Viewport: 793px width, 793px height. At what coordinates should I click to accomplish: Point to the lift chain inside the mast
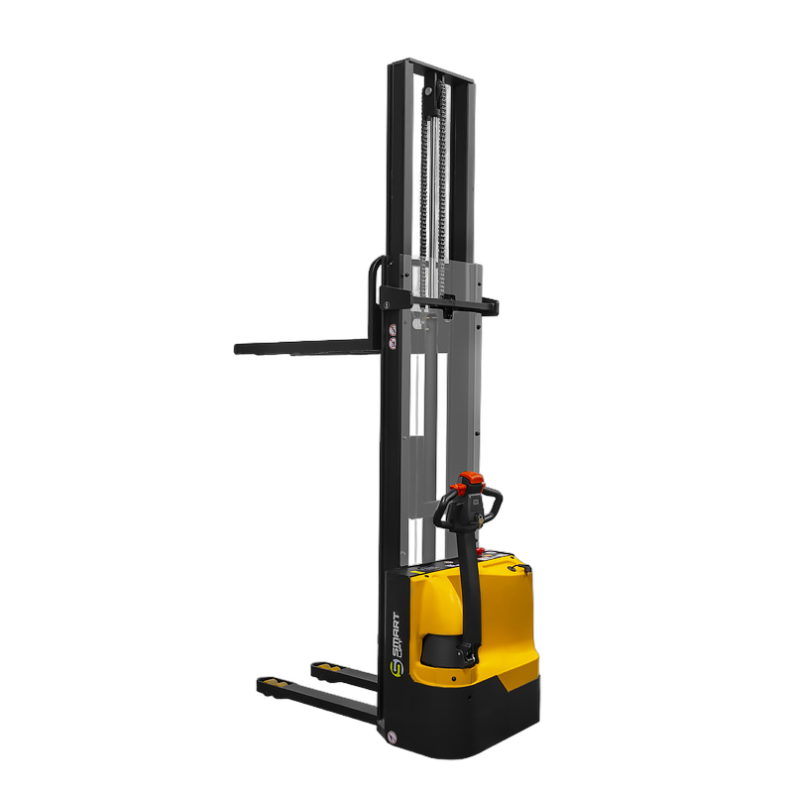(x=432, y=188)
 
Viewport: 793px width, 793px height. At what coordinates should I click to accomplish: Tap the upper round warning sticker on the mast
(x=393, y=329)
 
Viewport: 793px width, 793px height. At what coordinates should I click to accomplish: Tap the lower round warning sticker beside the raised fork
(x=393, y=343)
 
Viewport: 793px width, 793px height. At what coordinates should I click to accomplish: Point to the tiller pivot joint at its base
(x=467, y=655)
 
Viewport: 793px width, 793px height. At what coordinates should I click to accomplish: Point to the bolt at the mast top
(x=427, y=91)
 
